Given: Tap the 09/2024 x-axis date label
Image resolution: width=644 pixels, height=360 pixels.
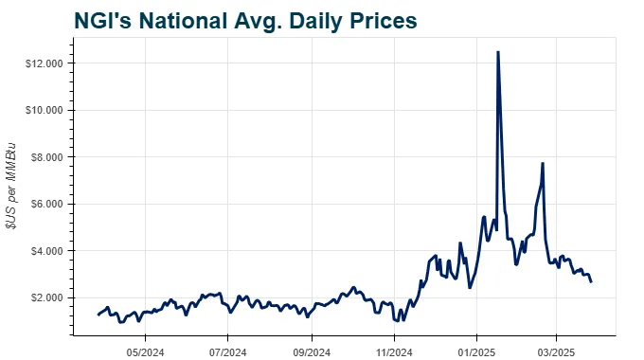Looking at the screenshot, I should coord(311,350).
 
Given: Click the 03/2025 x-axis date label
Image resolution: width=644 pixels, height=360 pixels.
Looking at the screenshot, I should coord(556,350).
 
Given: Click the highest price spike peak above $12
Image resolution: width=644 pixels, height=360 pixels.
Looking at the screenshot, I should coord(498,52).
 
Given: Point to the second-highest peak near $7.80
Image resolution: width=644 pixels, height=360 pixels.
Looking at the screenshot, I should coord(542,163).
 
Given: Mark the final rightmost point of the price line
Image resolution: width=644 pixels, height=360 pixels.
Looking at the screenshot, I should coord(592,281).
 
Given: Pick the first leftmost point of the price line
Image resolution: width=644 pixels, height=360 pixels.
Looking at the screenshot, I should coord(98,315).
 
